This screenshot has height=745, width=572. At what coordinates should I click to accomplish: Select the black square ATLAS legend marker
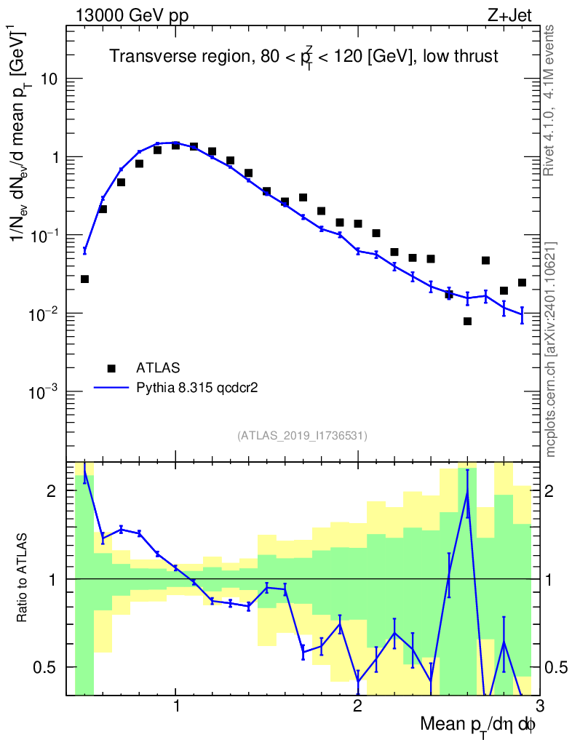pos(111,367)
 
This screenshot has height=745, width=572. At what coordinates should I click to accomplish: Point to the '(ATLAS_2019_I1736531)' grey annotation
pos(302,436)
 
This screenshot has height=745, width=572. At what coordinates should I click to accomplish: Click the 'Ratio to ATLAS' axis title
pos(23,578)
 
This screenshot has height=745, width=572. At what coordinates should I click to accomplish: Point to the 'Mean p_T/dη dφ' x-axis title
pos(477,725)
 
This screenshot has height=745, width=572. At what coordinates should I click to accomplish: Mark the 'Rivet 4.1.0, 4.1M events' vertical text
pos(550,100)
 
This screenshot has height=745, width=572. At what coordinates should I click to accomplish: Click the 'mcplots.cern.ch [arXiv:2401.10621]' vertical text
pos(551,348)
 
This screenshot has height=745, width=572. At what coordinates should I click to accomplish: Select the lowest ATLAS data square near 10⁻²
pos(467,321)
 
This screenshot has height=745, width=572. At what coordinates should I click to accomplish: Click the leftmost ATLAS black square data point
pos(84,279)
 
